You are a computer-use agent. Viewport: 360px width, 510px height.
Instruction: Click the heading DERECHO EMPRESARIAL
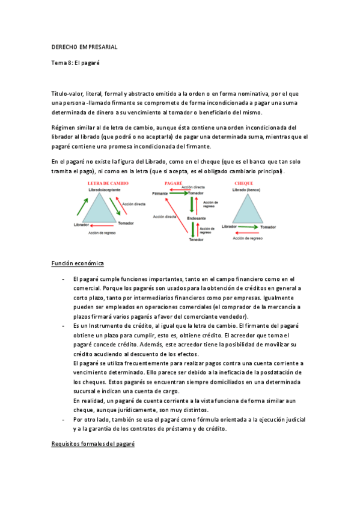coord(84,46)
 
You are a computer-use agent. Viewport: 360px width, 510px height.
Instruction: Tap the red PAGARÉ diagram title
coord(174,182)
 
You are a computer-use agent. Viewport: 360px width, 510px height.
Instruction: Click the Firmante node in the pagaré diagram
coord(160,194)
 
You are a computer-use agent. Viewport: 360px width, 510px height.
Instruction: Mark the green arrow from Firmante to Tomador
coord(178,194)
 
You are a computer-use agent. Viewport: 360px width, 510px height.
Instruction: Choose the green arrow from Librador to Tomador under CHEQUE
coord(248,227)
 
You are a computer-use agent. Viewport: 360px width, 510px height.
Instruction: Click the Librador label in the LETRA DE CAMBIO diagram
coord(81,224)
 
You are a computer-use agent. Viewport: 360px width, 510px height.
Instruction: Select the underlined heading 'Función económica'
coord(78,264)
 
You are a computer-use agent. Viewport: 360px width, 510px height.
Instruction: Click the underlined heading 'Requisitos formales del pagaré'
coord(93,444)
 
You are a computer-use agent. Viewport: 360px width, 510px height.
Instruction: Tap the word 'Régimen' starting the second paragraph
coord(64,128)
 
